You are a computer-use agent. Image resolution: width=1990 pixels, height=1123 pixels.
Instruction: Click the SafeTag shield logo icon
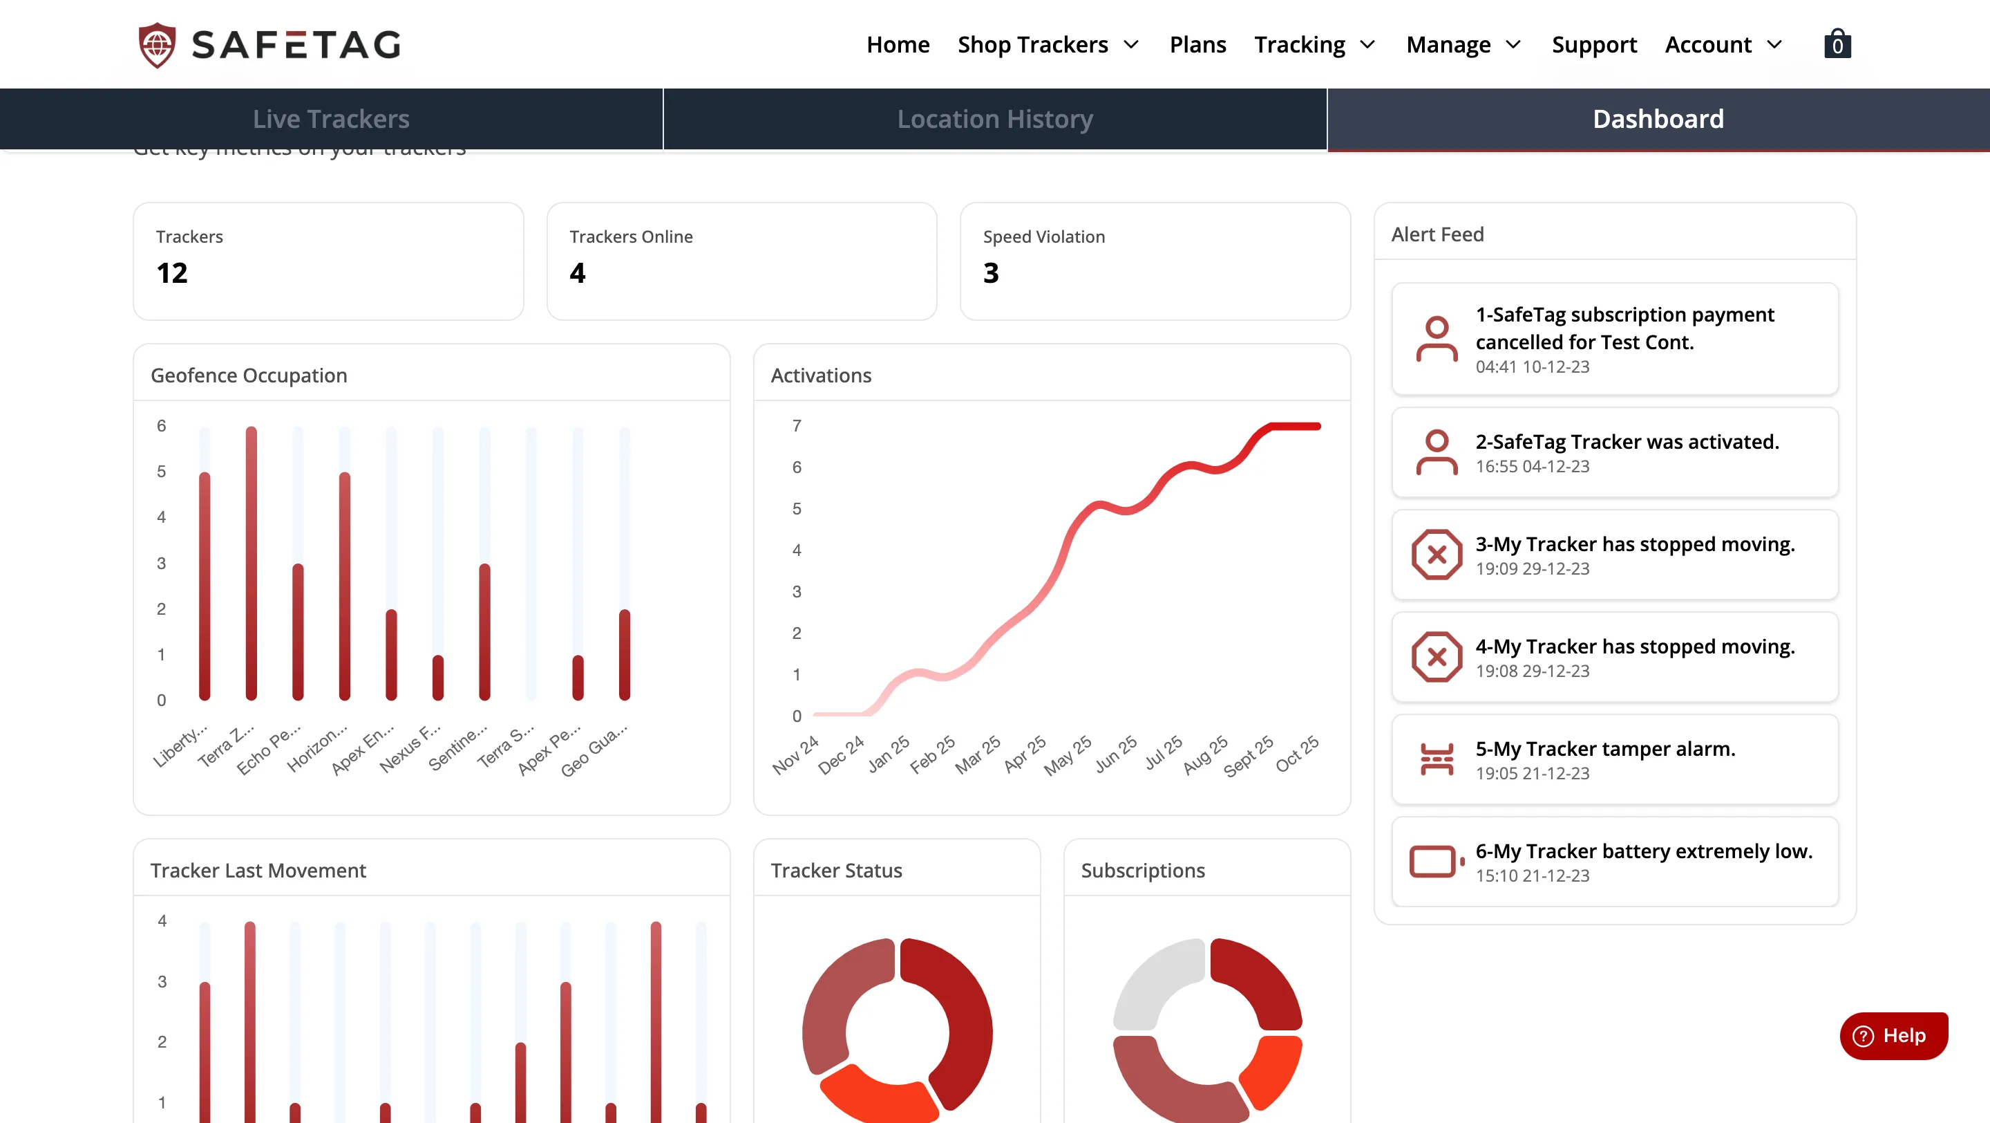point(157,45)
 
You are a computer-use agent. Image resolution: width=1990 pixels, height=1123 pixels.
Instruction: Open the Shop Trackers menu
point(1048,45)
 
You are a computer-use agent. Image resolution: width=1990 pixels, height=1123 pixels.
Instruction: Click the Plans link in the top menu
point(1197,45)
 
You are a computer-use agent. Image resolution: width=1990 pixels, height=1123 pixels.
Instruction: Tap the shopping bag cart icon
point(1837,44)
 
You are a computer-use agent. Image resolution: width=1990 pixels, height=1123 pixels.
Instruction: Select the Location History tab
point(995,119)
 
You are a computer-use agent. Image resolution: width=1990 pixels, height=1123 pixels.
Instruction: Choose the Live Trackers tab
point(331,119)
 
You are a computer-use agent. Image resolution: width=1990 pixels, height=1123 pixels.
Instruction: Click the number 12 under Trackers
point(171,273)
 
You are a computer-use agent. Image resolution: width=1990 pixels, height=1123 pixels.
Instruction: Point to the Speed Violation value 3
point(990,273)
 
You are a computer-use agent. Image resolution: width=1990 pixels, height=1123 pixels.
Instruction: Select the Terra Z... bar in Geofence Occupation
point(251,564)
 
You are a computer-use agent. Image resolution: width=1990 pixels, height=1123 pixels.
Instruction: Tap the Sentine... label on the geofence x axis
point(459,748)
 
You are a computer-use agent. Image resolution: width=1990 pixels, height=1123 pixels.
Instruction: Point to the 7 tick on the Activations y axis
point(797,426)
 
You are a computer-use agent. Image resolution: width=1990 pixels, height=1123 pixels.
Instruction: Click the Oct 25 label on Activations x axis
point(1298,754)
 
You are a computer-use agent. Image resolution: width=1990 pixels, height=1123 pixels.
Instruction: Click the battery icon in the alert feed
point(1435,861)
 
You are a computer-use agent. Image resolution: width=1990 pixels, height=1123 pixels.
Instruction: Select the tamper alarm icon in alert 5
point(1436,759)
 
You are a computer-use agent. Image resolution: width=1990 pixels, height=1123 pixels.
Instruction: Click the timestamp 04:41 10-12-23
point(1532,367)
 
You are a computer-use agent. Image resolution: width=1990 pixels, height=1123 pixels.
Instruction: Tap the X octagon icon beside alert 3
point(1436,554)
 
